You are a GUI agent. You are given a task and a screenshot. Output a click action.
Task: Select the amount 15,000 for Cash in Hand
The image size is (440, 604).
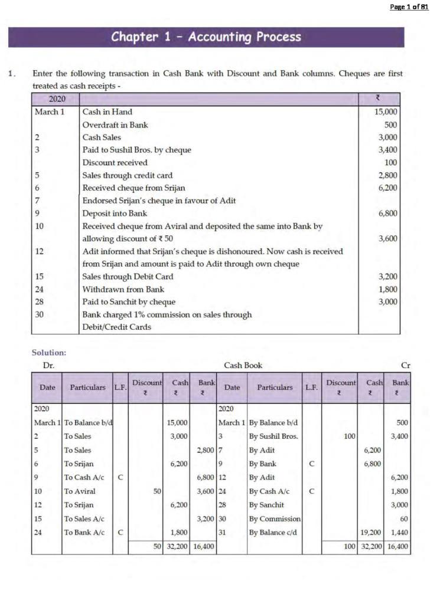(x=386, y=112)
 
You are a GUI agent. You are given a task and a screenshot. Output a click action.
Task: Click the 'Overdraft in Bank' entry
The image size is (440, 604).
(x=115, y=125)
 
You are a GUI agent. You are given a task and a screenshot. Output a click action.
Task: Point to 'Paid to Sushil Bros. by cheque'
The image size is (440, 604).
(x=136, y=150)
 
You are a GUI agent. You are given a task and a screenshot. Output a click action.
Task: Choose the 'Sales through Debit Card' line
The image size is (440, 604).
(x=128, y=277)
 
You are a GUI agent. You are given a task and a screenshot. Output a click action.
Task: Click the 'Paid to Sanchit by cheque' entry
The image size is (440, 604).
(x=129, y=302)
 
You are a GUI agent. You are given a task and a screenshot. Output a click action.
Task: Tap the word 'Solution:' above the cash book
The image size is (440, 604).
(x=48, y=353)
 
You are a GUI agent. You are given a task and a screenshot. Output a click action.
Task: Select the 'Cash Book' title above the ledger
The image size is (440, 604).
(x=243, y=366)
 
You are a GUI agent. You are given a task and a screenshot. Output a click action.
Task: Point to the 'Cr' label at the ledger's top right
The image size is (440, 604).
(x=405, y=366)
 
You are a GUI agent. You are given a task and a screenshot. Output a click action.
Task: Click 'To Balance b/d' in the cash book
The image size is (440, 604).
(x=88, y=423)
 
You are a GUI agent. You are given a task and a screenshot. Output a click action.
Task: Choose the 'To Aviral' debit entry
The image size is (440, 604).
(x=80, y=491)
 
